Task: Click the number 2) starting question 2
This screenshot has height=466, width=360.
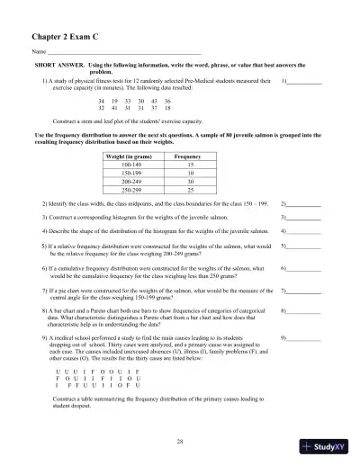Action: click(45, 205)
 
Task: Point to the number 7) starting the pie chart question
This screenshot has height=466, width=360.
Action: click(45, 291)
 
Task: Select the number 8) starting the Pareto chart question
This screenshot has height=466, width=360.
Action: click(45, 310)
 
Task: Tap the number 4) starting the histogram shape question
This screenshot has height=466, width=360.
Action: click(45, 230)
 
